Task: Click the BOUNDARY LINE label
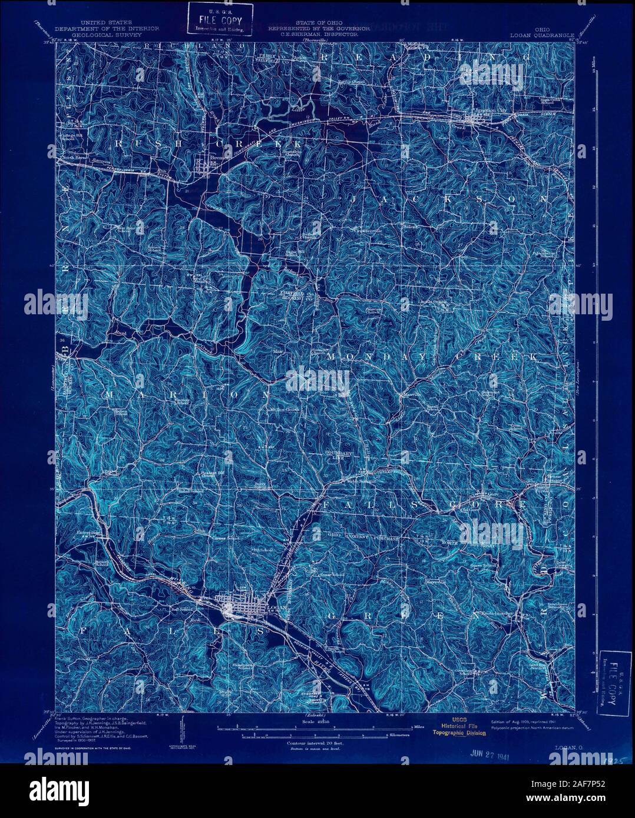[x=339, y=454]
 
